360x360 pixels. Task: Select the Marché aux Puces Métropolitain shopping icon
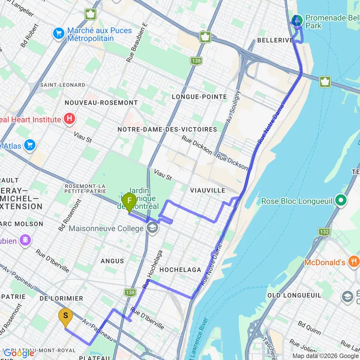click(x=59, y=33)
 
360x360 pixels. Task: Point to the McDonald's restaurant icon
click(x=354, y=262)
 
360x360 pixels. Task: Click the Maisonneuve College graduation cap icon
click(x=152, y=228)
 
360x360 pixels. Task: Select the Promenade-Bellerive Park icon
click(x=297, y=20)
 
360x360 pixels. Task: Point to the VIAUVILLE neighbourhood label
click(x=207, y=191)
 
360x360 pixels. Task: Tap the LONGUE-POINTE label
click(x=199, y=97)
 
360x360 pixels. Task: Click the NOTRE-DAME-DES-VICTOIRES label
click(x=167, y=130)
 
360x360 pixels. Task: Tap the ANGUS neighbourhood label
click(x=112, y=261)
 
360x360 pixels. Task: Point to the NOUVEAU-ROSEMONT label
click(x=101, y=103)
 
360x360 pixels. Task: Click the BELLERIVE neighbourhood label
click(x=275, y=40)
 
